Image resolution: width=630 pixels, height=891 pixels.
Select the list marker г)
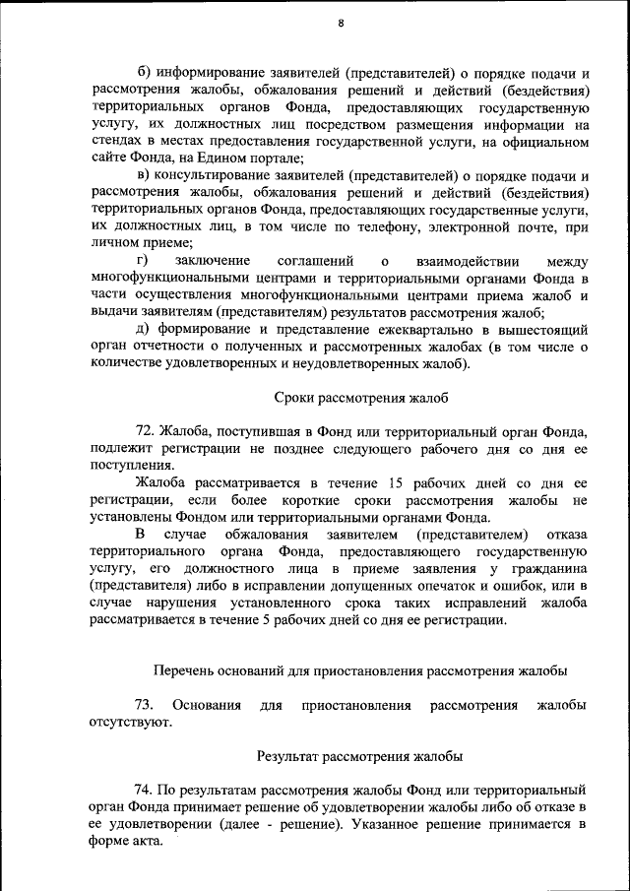pyautogui.click(x=142, y=261)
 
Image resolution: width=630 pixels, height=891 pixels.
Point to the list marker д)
pyautogui.click(x=143, y=330)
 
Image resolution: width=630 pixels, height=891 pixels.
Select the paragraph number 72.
pyautogui.click(x=146, y=431)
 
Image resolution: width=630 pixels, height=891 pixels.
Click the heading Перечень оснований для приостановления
pyautogui.click(x=360, y=670)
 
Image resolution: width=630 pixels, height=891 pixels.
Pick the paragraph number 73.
pyautogui.click(x=144, y=705)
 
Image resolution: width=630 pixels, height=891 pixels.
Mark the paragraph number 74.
pyautogui.click(x=145, y=790)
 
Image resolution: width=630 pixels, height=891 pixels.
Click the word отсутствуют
pyautogui.click(x=130, y=722)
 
